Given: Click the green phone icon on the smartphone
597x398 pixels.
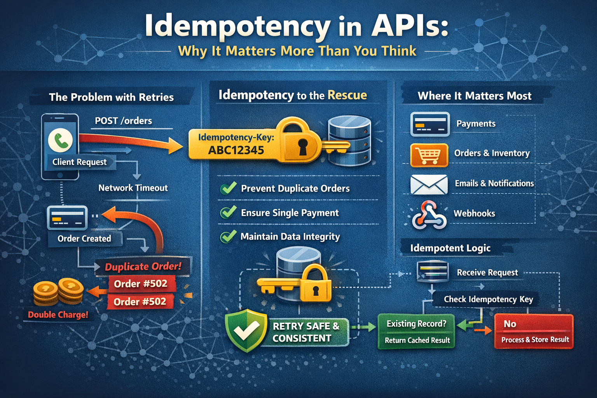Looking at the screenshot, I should (x=60, y=140).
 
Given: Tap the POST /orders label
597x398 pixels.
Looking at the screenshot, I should (x=123, y=121).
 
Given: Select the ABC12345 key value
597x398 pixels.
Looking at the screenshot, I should (x=236, y=150).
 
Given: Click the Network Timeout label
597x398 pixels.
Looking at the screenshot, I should (x=133, y=188).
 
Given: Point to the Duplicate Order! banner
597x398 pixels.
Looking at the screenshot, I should (x=143, y=267).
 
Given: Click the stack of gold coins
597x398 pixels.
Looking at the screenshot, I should (x=58, y=292).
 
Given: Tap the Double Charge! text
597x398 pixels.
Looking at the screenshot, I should (x=58, y=315).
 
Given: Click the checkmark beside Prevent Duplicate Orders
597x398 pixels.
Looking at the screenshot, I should (x=228, y=188).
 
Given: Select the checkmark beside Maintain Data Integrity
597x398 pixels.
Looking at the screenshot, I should (x=228, y=236).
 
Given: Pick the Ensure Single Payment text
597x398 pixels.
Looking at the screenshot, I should (x=290, y=213).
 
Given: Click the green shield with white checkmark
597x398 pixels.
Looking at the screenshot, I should (x=246, y=330).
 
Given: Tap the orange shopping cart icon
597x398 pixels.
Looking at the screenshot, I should (x=429, y=155).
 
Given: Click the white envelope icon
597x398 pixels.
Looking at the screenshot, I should (x=429, y=184).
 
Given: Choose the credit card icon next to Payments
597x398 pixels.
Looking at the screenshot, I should (x=430, y=124).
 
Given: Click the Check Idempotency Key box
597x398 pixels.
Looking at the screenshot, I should (x=488, y=299).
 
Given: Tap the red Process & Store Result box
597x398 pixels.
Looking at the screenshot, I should (x=534, y=339).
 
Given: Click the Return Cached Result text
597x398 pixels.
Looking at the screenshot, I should (x=417, y=340).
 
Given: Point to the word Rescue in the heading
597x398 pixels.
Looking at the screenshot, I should (x=347, y=95).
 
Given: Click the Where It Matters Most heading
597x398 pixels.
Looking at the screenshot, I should (x=474, y=96).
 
